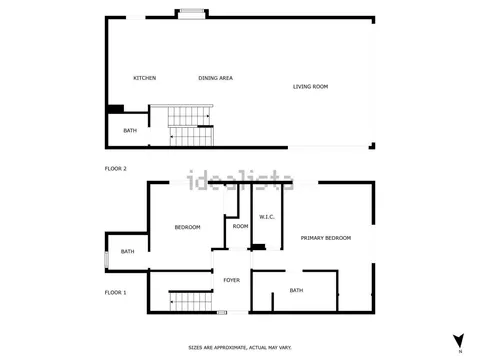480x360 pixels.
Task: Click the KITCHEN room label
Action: (145, 78)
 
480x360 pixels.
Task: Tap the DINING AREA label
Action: (216, 78)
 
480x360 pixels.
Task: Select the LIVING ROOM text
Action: (310, 87)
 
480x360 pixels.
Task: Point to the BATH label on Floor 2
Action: (130, 131)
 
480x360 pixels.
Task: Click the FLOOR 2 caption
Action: (116, 169)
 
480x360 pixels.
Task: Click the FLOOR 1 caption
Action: (115, 293)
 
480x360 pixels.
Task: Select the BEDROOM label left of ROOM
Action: (188, 227)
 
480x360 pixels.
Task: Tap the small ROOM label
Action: (240, 226)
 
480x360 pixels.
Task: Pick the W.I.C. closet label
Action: (267, 217)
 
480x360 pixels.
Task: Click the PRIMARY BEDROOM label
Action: (326, 238)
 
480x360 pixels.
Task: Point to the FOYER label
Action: (232, 280)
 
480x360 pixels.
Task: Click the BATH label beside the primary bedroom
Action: (296, 291)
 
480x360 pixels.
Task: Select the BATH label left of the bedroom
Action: (128, 251)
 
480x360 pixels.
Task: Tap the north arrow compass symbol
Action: (459, 341)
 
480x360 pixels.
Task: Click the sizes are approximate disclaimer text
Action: (240, 348)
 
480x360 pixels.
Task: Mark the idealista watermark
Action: (240, 180)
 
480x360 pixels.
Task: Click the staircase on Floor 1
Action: (191, 301)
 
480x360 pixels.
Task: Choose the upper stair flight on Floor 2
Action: (189, 116)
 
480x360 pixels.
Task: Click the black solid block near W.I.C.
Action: (258, 247)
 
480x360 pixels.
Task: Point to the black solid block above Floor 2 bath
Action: (116, 109)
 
